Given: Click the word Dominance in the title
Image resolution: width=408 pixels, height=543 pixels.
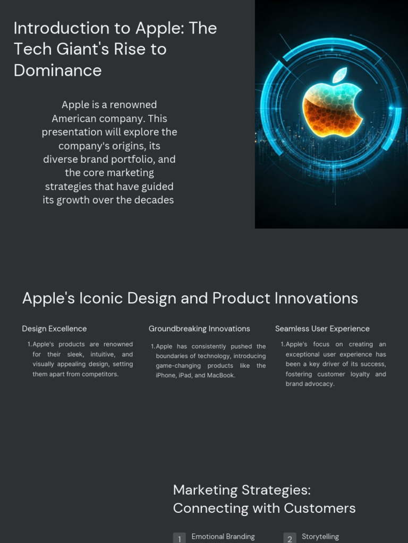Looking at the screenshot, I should [57, 70].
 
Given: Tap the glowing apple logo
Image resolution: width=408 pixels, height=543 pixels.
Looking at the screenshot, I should [332, 103].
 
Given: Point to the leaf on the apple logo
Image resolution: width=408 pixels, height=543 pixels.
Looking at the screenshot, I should [340, 75].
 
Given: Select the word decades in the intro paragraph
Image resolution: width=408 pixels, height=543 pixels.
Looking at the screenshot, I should [155, 200].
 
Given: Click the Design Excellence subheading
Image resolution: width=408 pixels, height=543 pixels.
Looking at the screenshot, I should [54, 329].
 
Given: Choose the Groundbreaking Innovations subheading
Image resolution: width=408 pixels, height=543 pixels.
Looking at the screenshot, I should [199, 329].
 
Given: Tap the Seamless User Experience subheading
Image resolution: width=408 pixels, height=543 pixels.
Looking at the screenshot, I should [322, 329].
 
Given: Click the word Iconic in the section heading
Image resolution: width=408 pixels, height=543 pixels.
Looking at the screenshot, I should [100, 298].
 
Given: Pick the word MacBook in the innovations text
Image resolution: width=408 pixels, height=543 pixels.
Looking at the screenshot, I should [222, 375].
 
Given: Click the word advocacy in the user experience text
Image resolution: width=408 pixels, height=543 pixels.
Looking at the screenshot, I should [320, 384].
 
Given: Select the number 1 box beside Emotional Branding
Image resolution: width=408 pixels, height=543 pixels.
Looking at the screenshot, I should [180, 538].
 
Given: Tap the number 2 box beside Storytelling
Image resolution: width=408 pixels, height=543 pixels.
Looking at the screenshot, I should [290, 538].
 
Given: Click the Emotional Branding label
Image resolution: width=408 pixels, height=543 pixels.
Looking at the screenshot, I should [223, 537].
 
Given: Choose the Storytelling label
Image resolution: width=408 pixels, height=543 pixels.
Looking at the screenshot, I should [320, 537].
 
